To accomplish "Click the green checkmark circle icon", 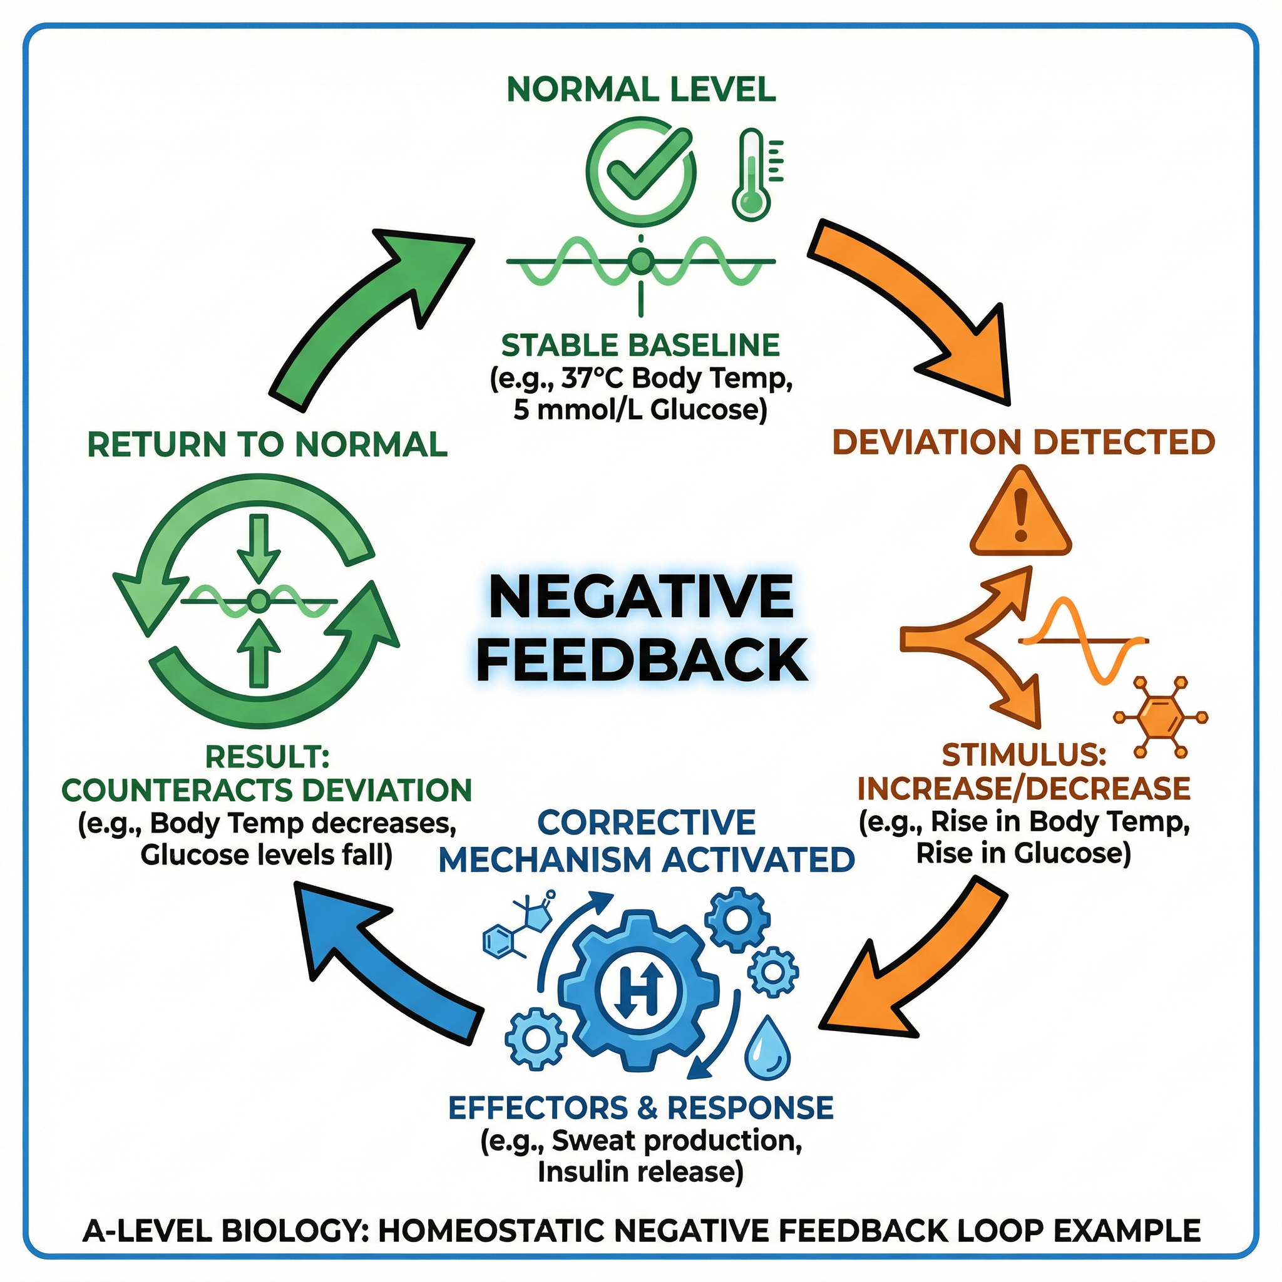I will (641, 171).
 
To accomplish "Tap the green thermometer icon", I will (752, 176).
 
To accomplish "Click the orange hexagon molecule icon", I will (1160, 717).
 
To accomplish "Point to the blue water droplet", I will (767, 1049).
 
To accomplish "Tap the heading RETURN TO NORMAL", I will (267, 444).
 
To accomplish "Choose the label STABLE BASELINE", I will (640, 346).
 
